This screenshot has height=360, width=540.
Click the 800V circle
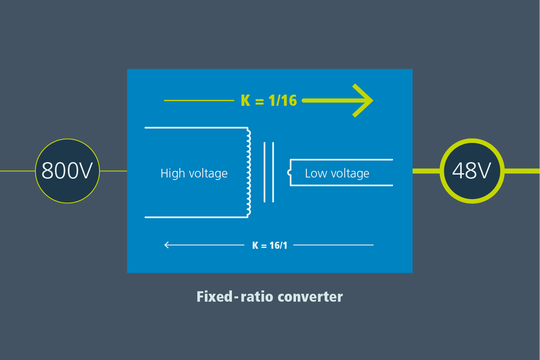[x=67, y=171]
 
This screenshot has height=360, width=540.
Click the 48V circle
[x=472, y=171]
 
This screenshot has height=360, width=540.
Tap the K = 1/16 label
[x=269, y=100]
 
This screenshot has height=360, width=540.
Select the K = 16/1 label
[x=269, y=245]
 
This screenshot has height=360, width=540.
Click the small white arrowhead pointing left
[x=167, y=245]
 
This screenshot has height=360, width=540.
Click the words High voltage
[x=194, y=173]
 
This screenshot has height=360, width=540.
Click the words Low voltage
[x=337, y=173]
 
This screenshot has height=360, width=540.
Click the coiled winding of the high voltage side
[x=249, y=172]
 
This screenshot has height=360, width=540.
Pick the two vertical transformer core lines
[x=269, y=172]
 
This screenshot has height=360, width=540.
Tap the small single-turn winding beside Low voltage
[x=289, y=172]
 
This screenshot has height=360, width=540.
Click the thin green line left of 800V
[x=17, y=171]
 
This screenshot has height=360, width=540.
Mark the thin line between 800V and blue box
[x=113, y=171]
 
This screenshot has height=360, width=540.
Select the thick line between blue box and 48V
[x=426, y=171]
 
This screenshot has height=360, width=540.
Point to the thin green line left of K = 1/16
[x=199, y=100]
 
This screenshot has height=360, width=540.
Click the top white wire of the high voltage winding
[x=196, y=127]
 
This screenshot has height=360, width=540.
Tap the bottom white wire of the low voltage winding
[x=341, y=185]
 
